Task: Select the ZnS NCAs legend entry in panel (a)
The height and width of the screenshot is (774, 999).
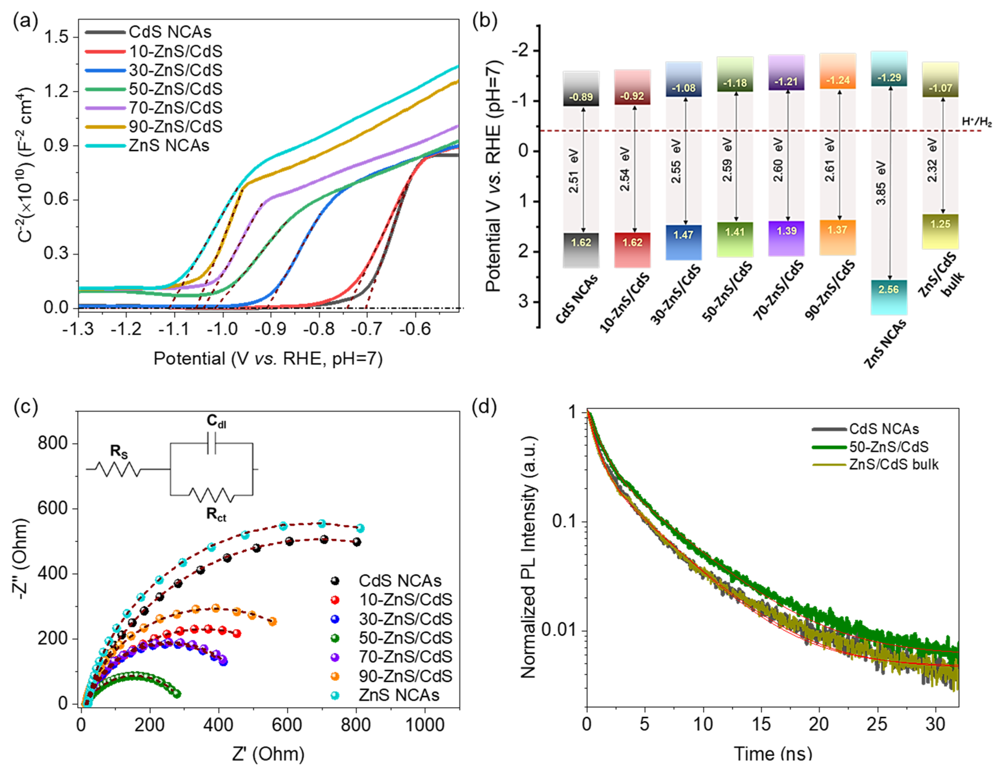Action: click(x=169, y=145)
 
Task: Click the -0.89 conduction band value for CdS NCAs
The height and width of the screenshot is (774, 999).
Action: click(x=581, y=97)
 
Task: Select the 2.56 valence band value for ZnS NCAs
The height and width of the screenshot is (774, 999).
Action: click(x=888, y=289)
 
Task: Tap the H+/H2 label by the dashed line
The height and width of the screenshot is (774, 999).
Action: click(x=976, y=122)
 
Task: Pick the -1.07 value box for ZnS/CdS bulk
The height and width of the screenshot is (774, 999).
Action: click(x=940, y=88)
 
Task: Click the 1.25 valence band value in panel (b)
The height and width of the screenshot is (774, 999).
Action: click(x=940, y=224)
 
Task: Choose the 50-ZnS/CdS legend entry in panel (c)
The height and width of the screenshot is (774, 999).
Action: click(x=405, y=638)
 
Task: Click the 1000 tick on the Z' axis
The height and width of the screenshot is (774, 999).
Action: click(x=425, y=725)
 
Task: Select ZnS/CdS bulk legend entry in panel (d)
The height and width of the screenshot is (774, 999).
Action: click(x=893, y=465)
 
